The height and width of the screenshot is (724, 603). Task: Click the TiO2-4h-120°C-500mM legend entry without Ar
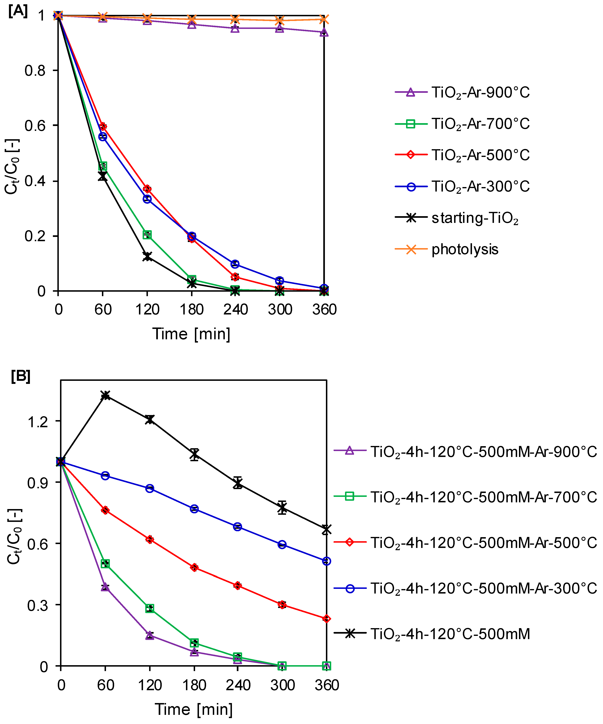pos(450,634)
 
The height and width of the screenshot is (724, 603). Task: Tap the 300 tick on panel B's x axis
pos(282,685)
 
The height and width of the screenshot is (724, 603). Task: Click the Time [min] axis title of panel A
pos(191,334)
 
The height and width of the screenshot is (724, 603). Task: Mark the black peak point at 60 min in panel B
pos(105,395)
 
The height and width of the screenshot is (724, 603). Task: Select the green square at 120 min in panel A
pos(147,235)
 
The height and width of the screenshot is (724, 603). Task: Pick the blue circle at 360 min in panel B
pos(326,561)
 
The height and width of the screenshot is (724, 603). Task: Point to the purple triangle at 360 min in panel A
pos(324,32)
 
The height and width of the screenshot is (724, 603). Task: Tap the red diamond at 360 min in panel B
pos(326,619)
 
